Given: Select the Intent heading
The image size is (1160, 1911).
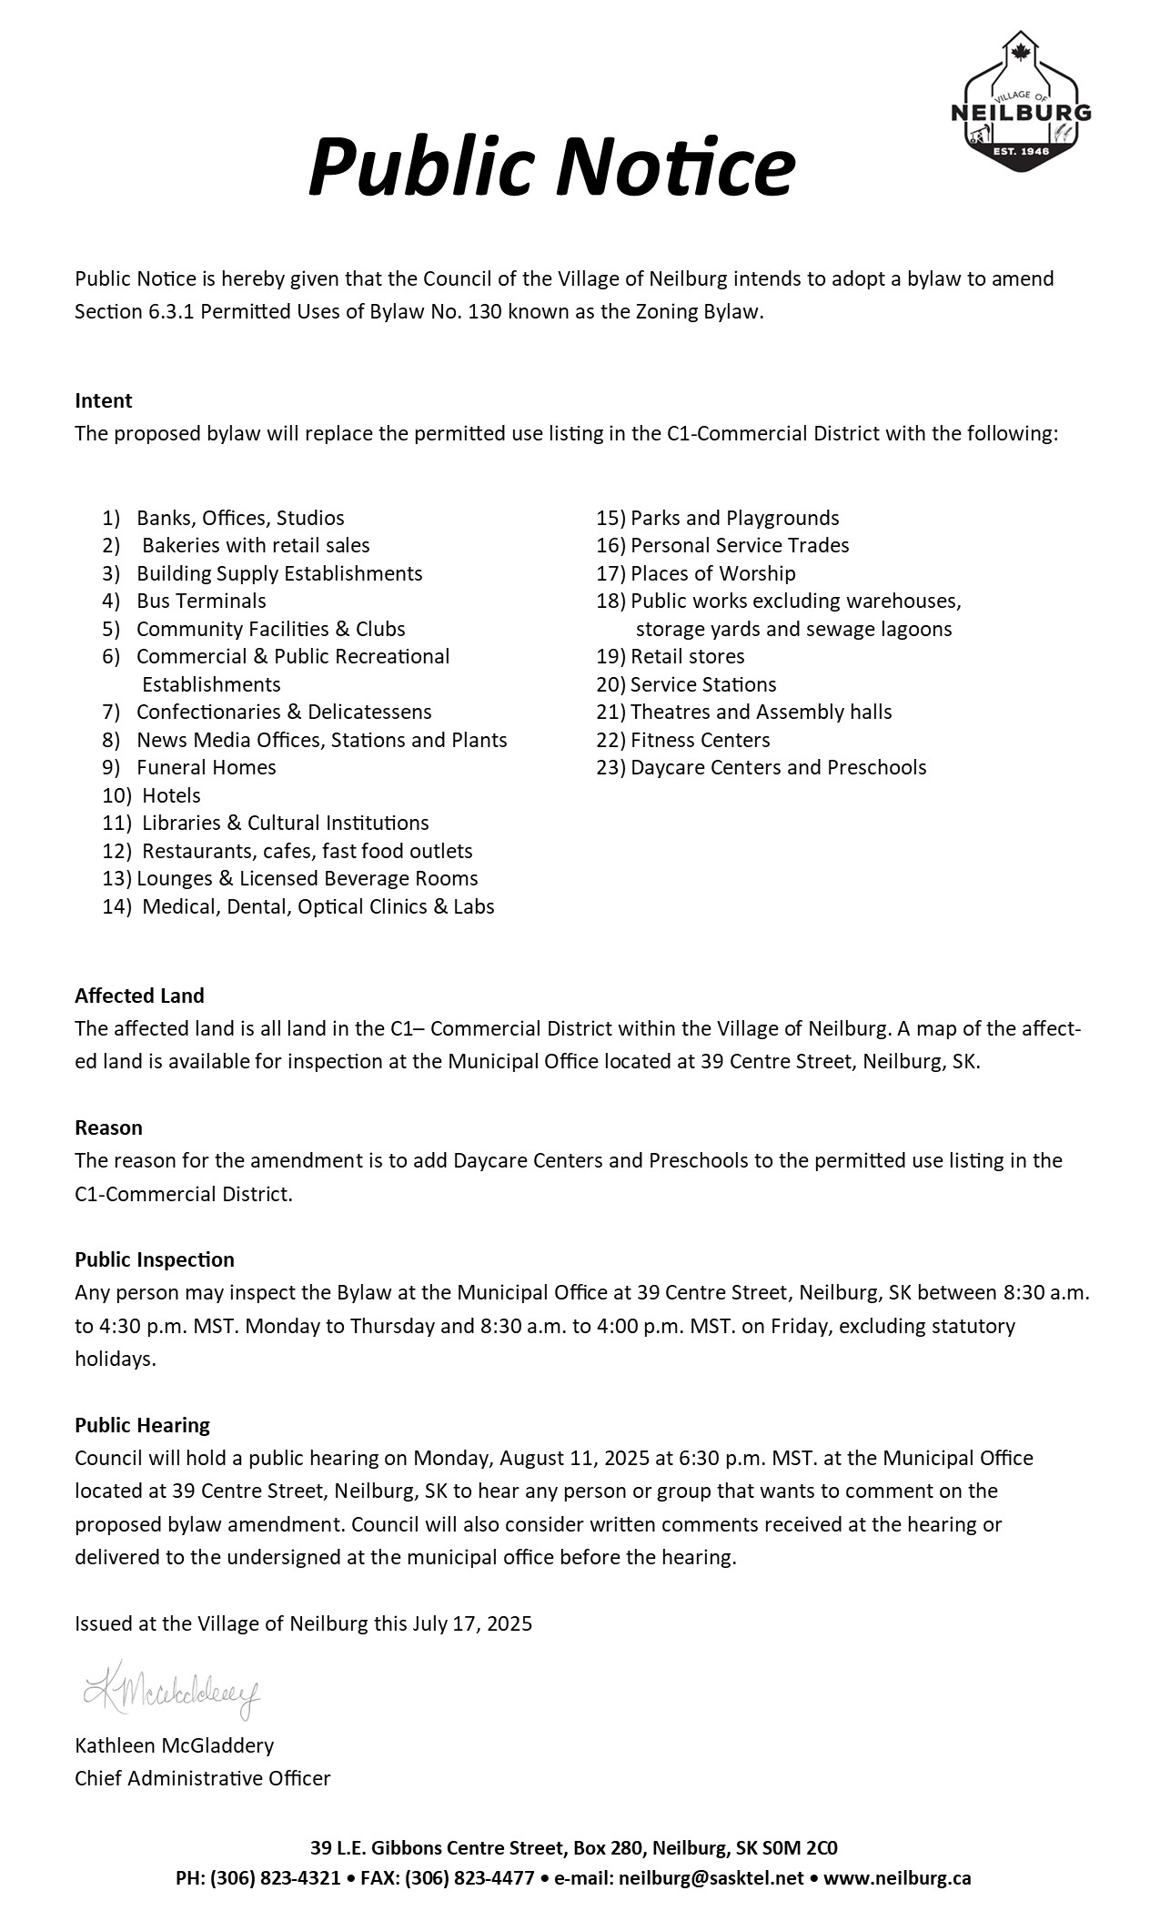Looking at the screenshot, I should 103,401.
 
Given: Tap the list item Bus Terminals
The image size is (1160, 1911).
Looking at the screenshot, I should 201,602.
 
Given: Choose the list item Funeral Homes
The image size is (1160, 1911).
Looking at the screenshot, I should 206,768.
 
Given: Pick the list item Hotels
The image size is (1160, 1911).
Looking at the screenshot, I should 171,796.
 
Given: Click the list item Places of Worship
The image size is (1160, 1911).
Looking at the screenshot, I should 712,574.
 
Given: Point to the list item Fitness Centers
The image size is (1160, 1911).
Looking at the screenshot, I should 700,741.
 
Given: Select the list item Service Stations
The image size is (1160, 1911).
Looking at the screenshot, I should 703,685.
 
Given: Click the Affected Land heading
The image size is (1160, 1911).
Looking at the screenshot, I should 139,996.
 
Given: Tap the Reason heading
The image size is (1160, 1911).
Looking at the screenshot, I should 108,1128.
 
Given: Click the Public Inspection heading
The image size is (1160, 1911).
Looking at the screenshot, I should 154,1260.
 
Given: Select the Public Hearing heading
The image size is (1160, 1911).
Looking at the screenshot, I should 142,1426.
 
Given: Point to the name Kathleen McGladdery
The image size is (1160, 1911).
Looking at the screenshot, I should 174,1746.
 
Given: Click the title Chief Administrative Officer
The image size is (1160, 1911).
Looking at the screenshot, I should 202,1779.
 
